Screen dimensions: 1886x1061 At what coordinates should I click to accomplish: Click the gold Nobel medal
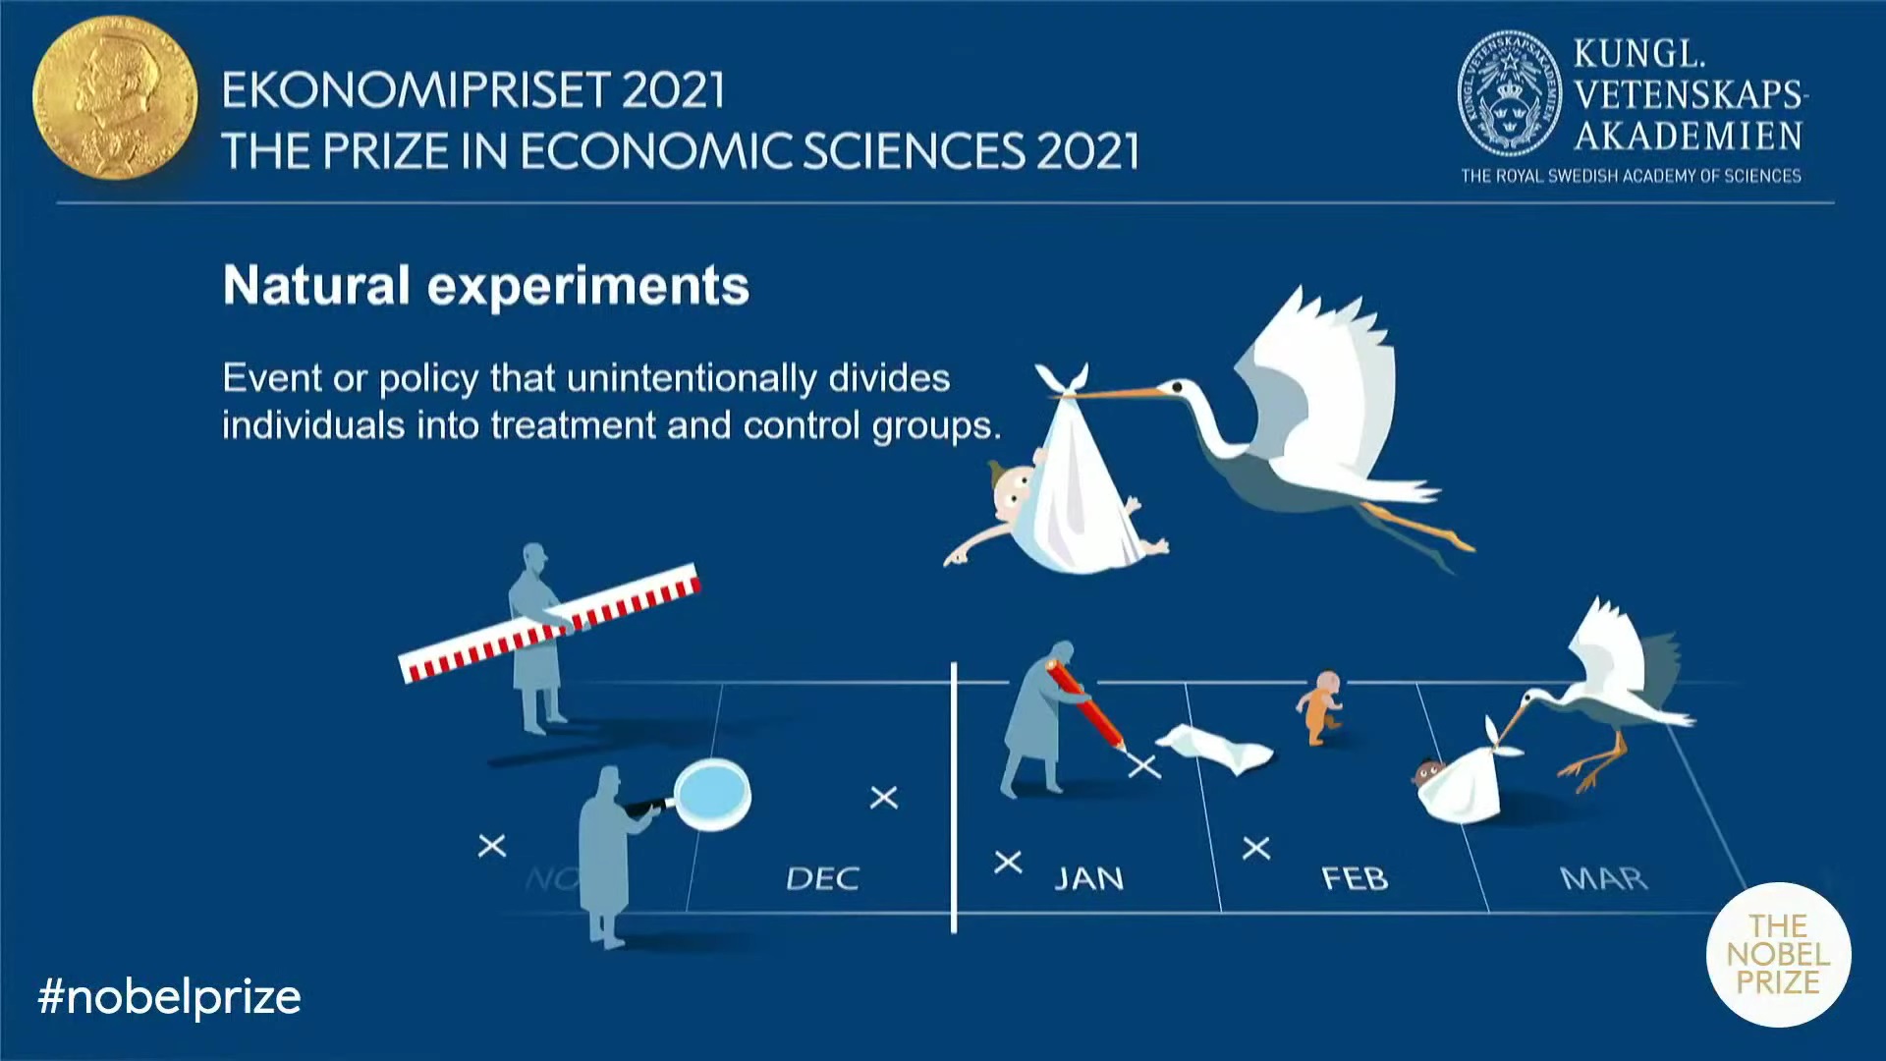[115, 97]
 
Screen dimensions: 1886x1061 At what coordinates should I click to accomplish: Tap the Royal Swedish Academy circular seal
[1509, 94]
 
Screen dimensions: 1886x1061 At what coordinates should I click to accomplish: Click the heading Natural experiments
[486, 286]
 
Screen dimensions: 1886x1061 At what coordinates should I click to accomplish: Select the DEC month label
[822, 877]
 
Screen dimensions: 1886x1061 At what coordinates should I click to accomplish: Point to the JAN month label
[1088, 877]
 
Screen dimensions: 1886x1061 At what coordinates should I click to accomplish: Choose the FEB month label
[1355, 877]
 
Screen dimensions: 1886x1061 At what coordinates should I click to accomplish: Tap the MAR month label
[1603, 877]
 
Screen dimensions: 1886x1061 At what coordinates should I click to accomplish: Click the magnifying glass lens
[712, 794]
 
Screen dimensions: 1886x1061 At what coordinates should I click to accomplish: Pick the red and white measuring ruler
[550, 624]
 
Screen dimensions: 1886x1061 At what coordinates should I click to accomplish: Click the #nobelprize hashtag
[169, 997]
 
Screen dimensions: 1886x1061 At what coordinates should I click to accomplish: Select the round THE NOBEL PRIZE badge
[1778, 954]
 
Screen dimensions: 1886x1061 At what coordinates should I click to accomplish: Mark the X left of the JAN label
[1008, 863]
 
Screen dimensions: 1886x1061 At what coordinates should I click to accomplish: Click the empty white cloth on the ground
[1216, 749]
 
